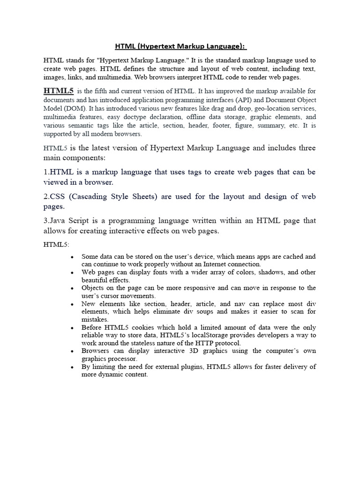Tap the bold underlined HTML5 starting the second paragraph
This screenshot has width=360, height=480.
[x=59, y=91]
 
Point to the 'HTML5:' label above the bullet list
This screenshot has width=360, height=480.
[x=56, y=244]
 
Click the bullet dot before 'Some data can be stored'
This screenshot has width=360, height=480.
[x=71, y=257]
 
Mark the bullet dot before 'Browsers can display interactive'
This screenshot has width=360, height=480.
[x=71, y=351]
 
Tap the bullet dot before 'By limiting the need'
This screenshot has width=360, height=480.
[x=71, y=367]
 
